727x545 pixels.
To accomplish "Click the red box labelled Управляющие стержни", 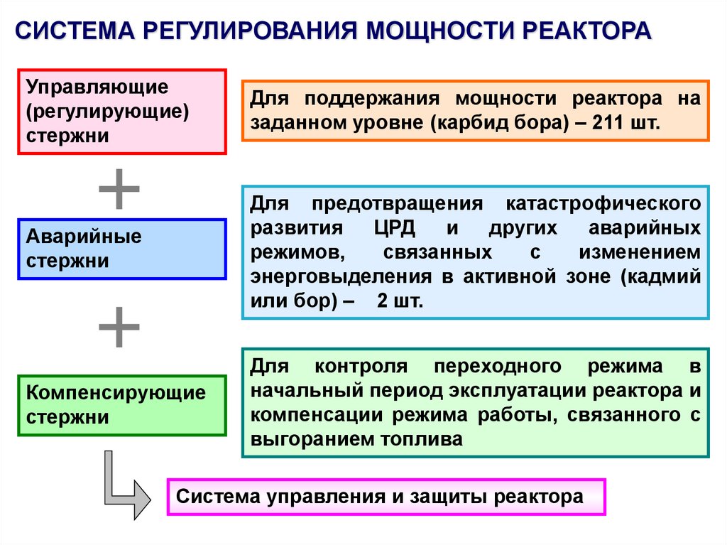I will (122, 111).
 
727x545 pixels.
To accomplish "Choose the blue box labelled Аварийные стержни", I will (122, 249).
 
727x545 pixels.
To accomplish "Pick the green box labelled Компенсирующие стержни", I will (122, 405).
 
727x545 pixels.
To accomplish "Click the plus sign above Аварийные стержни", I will (119, 189).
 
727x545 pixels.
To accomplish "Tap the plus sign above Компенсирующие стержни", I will (119, 328).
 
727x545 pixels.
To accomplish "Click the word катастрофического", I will (603, 205).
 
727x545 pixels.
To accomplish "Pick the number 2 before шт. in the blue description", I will (383, 301).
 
